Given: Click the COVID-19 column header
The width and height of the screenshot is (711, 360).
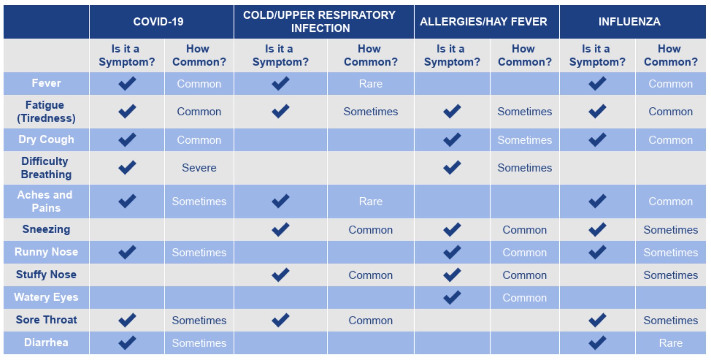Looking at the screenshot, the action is pyautogui.click(x=158, y=22).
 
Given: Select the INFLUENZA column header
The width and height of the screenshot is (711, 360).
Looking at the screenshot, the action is pyautogui.click(x=629, y=22).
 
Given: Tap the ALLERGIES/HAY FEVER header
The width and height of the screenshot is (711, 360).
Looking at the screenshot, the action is pyautogui.click(x=483, y=22).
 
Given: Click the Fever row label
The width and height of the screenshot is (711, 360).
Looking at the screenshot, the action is pyautogui.click(x=46, y=83).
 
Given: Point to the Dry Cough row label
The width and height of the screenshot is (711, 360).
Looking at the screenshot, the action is pyautogui.click(x=46, y=140).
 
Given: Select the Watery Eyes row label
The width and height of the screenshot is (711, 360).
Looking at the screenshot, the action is pyautogui.click(x=46, y=297).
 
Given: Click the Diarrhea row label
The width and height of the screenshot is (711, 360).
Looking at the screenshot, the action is pyautogui.click(x=46, y=343).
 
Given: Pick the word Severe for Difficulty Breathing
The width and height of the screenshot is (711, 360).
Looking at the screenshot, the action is pyautogui.click(x=199, y=168).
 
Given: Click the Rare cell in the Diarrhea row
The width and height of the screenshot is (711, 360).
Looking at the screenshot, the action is pyautogui.click(x=671, y=343).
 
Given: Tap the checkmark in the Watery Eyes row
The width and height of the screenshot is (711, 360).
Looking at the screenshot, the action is pyautogui.click(x=452, y=297).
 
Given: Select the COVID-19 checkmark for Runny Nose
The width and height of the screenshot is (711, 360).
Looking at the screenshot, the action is pyautogui.click(x=127, y=252).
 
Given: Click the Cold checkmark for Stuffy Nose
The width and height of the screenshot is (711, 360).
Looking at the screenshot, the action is pyautogui.click(x=280, y=275).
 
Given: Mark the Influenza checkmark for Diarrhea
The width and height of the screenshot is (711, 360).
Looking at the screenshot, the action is pyautogui.click(x=597, y=343).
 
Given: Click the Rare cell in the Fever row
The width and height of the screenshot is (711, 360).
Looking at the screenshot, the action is pyautogui.click(x=371, y=84).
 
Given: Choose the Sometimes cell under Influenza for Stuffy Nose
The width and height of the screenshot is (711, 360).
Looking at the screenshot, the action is pyautogui.click(x=671, y=275).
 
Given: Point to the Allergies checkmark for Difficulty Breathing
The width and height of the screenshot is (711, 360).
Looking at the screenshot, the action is pyautogui.click(x=452, y=168).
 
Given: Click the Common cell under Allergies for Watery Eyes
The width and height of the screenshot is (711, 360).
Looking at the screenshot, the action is pyautogui.click(x=524, y=298).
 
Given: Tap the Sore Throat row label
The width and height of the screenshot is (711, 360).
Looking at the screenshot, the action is pyautogui.click(x=46, y=320).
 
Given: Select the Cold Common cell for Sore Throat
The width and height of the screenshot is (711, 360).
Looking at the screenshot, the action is pyautogui.click(x=370, y=321).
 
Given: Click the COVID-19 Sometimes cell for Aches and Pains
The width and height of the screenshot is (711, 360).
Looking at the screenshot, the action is pyautogui.click(x=199, y=201).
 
